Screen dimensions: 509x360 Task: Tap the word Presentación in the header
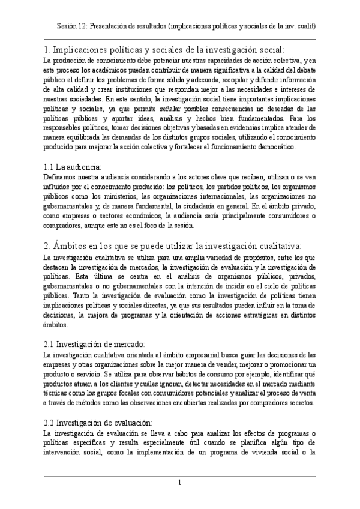pyautogui.click(x=119, y=26)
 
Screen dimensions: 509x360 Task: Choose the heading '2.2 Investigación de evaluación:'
pyautogui.click(x=99, y=422)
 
